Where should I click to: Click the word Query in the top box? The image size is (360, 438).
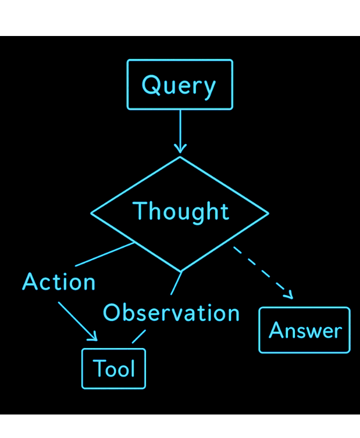tap(179, 85)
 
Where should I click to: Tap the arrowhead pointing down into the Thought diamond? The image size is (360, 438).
tap(180, 148)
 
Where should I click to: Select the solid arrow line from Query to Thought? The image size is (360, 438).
tap(180, 127)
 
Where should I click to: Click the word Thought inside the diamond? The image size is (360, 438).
tap(180, 211)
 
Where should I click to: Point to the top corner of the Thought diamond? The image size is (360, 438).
tap(180, 157)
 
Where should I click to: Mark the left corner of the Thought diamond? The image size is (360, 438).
tap(91, 213)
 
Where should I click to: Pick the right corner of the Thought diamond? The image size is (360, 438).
tap(268, 213)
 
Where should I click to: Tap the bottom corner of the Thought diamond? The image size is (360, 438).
tap(181, 271)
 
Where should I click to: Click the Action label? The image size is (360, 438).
tap(59, 282)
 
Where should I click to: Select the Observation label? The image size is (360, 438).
tap(171, 313)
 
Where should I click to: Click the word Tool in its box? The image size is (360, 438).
tap(114, 369)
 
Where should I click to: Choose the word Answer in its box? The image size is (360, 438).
tap(305, 330)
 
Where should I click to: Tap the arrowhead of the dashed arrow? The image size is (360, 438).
tap(289, 295)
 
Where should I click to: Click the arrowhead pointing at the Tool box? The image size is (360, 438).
tap(93, 337)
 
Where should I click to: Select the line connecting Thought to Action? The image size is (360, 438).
tap(105, 254)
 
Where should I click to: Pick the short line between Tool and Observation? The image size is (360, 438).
tap(138, 336)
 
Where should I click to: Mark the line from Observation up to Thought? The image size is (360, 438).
tap(175, 283)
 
